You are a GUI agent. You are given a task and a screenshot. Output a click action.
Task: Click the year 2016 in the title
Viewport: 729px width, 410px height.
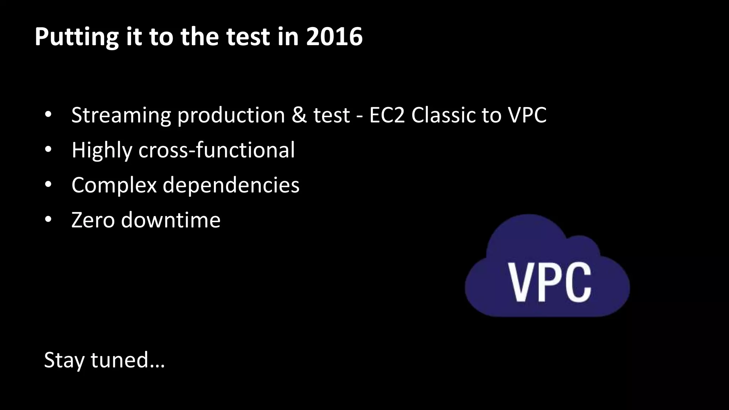pyautogui.click(x=334, y=37)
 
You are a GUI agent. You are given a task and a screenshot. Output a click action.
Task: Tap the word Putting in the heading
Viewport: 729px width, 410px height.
pyautogui.click(x=76, y=37)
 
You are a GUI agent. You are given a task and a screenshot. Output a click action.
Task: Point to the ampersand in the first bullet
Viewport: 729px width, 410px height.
pyautogui.click(x=299, y=115)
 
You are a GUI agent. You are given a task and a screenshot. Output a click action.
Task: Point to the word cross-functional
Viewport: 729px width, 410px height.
pyautogui.click(x=216, y=150)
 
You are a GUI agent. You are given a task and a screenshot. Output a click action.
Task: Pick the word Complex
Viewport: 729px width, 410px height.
pyautogui.click(x=114, y=185)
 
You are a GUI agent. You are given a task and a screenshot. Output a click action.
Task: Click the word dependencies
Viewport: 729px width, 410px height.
pyautogui.click(x=231, y=185)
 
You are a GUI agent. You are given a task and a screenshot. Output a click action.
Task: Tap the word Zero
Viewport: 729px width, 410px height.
pyautogui.click(x=93, y=220)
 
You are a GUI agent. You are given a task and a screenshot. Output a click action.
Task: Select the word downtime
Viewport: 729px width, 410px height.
pyautogui.click(x=171, y=220)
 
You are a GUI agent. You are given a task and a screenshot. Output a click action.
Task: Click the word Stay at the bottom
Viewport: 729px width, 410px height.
pyautogui.click(x=64, y=360)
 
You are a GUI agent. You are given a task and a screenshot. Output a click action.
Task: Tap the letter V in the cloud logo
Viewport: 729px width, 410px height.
pyautogui.click(x=522, y=282)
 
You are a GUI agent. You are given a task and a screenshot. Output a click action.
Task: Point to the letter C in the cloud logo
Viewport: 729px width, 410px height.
pyautogui.click(x=577, y=282)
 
